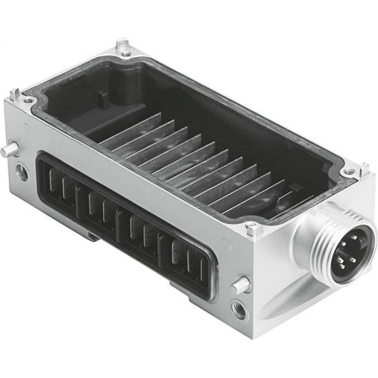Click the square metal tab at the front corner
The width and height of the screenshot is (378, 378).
click(251, 228)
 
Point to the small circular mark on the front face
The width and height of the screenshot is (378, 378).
click(224, 241)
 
